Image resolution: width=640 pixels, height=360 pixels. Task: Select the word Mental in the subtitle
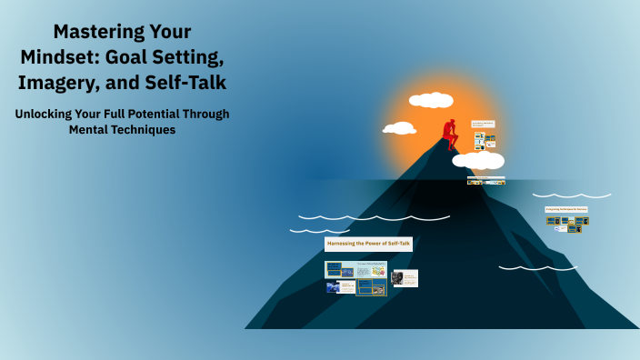[88, 130]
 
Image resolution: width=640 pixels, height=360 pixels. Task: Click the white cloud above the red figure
[431, 100]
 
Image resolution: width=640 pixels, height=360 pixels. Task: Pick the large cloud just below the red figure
[479, 161]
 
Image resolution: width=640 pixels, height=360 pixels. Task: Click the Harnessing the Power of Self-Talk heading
[368, 244]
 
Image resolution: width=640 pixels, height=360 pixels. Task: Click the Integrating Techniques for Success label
[566, 209]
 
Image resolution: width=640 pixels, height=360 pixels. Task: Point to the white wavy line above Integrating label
[575, 195]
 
